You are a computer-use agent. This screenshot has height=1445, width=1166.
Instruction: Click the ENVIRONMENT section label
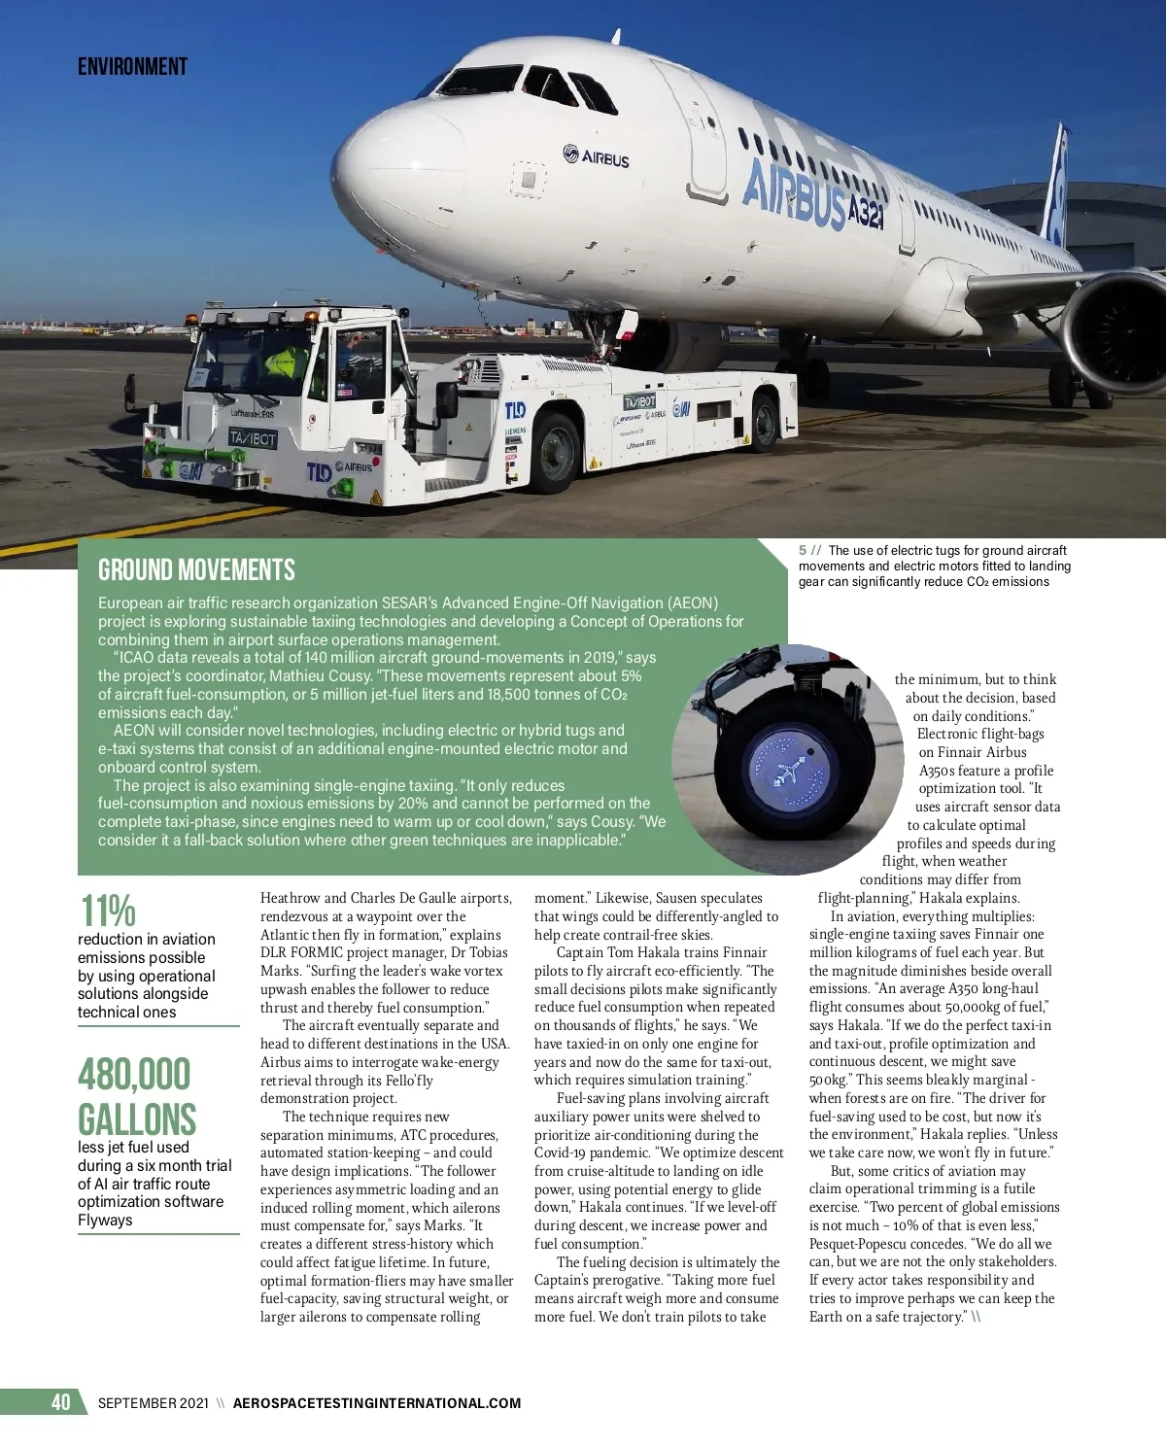point(132,66)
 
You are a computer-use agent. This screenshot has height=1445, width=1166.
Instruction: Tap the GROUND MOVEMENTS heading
point(196,569)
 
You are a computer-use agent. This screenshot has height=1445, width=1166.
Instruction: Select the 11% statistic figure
point(107,912)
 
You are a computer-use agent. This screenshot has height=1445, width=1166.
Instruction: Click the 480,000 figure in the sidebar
point(135,1075)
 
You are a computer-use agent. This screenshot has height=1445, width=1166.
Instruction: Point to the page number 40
point(60,1402)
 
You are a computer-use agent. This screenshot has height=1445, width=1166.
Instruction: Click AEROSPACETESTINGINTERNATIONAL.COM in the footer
point(377,1403)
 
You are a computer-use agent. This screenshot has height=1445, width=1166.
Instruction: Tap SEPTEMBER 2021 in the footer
point(153,1403)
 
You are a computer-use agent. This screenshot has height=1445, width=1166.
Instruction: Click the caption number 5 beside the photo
point(803,551)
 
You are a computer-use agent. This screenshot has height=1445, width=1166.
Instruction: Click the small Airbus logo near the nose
point(596,156)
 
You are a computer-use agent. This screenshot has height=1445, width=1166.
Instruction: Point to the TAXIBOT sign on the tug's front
point(253,438)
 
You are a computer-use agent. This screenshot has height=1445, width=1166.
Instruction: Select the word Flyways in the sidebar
point(105,1220)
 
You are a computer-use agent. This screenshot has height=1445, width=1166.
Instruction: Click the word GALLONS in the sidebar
point(137,1119)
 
